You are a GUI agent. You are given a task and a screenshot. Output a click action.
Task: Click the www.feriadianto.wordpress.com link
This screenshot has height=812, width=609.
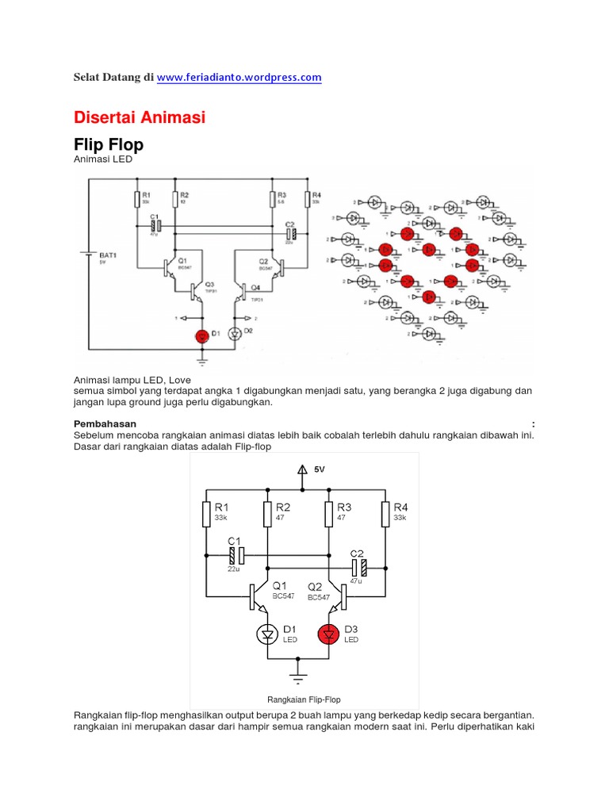point(239,77)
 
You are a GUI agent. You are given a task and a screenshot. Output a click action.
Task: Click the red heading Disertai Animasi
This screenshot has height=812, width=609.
point(140,117)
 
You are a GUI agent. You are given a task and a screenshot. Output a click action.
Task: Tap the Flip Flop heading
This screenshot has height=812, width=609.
point(109,145)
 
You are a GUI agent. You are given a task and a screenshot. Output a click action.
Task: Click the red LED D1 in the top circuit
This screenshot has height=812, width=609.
point(202,335)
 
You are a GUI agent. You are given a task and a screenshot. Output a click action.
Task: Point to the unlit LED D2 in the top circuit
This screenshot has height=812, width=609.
point(235,334)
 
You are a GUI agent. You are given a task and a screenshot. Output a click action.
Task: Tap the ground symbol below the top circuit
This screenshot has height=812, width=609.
point(202,361)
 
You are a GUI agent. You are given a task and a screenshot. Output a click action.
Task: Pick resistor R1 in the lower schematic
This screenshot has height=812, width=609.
point(206,515)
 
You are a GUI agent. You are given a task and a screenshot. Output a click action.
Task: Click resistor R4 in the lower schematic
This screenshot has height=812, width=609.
point(385,515)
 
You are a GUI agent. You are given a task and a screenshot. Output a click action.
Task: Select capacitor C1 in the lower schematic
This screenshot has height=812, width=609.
point(234,555)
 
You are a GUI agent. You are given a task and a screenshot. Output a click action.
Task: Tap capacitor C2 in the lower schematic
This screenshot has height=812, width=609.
point(359,567)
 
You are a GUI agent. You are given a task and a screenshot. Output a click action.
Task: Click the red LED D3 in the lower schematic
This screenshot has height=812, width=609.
point(328,634)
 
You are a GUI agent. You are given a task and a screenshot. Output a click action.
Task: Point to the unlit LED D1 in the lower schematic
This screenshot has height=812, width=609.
point(268,634)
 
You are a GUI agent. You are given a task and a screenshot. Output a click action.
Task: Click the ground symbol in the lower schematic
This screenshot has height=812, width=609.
point(298,678)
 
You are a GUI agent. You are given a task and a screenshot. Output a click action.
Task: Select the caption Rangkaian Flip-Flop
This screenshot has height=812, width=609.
point(304,699)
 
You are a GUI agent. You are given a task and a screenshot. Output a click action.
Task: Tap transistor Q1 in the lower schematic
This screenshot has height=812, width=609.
point(258,596)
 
